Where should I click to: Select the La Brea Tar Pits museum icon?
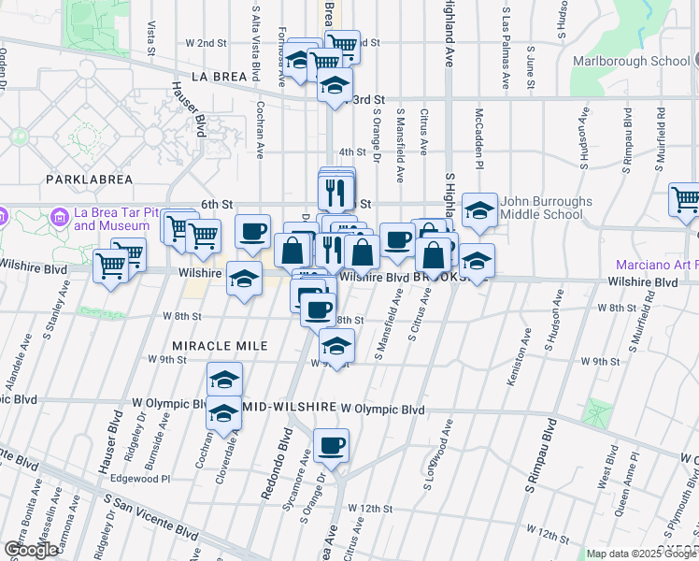coord(60,218)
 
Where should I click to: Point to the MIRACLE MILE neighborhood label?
coord(207,346)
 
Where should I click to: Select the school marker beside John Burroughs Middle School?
coord(478,211)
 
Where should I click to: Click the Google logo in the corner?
coord(31,550)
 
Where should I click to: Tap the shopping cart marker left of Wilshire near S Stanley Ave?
coord(111,267)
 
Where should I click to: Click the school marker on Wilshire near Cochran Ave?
coord(244,280)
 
